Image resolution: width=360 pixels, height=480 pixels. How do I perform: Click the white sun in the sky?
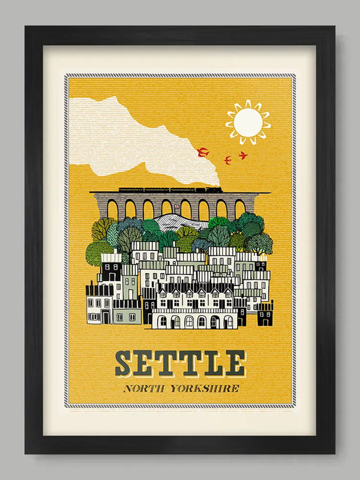pos(248,122)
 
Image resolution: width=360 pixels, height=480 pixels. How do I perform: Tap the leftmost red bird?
pos(202,152)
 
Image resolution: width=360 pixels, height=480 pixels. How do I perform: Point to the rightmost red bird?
pos(243,156)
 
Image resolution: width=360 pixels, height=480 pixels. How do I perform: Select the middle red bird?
pos(227,160)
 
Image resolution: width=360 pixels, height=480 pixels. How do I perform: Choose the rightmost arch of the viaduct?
pos(239,208)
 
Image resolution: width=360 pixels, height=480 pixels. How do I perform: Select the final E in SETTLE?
pos(235,363)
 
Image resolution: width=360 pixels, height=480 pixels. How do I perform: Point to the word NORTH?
pos(145,389)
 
